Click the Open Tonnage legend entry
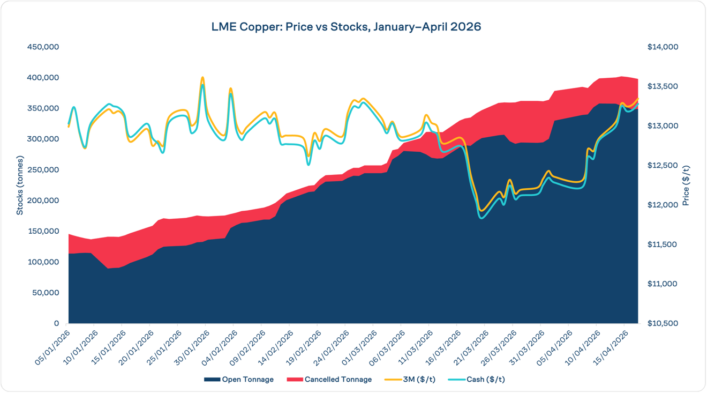tap(247, 380)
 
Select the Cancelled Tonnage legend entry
tap(337, 380)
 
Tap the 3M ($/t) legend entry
tap(419, 380)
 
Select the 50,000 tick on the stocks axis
tap(45, 293)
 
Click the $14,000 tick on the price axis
tap(663, 47)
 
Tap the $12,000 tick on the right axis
tap(663, 205)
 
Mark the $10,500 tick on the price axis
tap(663, 323)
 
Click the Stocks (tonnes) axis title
tap(20, 185)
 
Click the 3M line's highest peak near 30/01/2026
tap(202, 78)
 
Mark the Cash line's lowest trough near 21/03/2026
tap(482, 218)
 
